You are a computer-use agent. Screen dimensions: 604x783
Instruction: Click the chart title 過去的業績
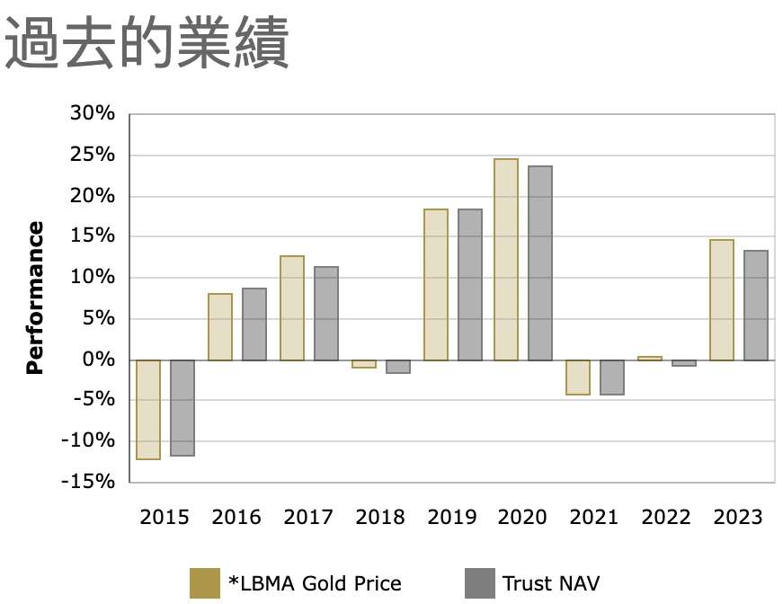pos(147,42)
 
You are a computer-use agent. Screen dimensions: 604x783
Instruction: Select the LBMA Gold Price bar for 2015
pos(148,409)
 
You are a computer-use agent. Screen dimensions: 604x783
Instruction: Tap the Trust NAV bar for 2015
pos(182,407)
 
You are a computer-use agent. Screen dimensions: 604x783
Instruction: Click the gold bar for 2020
pos(506,260)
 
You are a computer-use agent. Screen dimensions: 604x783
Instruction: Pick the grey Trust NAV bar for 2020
pos(540,263)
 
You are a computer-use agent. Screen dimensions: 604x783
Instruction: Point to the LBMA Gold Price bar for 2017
pos(292,308)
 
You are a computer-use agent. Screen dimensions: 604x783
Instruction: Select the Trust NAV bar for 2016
pos(254,324)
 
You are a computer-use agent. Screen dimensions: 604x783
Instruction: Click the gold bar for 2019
pos(436,285)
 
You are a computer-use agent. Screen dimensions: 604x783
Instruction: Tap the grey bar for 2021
pos(612,377)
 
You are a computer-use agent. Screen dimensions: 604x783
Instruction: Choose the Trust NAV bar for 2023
pos(756,306)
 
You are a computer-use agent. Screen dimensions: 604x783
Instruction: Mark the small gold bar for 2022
pos(650,358)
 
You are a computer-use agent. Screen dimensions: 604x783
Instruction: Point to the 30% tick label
pos(93,114)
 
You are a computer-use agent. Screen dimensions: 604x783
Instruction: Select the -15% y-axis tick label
pos(89,482)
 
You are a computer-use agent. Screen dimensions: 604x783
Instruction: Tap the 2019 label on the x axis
pos(451,517)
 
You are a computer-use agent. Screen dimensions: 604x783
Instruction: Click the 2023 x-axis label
pos(737,517)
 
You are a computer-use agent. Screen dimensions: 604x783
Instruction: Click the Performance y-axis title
pos(35,298)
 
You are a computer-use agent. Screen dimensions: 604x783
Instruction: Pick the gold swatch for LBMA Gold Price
pos(205,582)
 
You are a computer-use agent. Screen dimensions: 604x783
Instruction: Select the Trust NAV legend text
pos(551,582)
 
